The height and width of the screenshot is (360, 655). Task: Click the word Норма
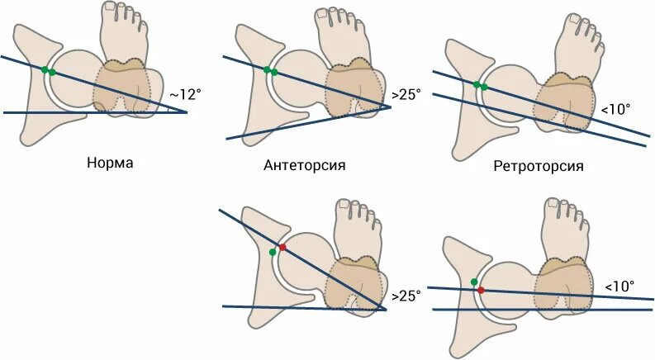pos(110,162)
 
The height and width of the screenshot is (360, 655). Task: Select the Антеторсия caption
pos(304,165)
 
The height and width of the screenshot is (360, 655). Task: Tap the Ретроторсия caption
pos(538,166)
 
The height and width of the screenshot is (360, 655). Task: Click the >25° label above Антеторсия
pos(406,94)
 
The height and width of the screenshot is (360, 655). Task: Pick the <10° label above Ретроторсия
pos(615,108)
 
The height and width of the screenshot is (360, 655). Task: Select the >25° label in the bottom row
pos(406,295)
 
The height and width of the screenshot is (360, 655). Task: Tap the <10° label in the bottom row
pos(619,286)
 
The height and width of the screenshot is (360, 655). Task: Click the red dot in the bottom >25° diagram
pos(282,248)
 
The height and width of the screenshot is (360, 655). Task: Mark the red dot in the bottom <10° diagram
pos(481,290)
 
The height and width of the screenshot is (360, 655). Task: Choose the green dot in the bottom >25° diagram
pos(273,253)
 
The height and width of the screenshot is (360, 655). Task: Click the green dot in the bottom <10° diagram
pos(474,282)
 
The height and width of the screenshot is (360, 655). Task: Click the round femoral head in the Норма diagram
pos(78,78)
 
